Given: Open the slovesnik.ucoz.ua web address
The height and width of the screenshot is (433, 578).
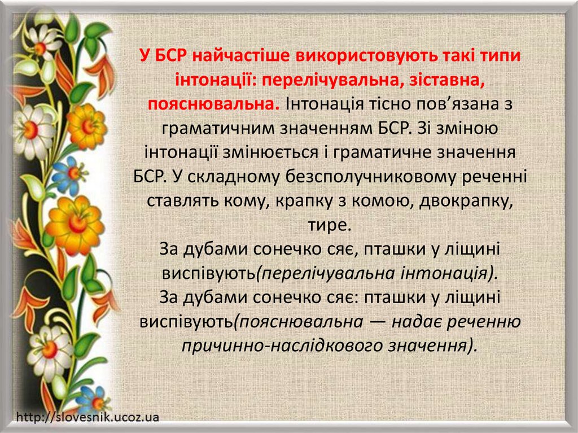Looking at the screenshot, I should [x=88, y=418].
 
